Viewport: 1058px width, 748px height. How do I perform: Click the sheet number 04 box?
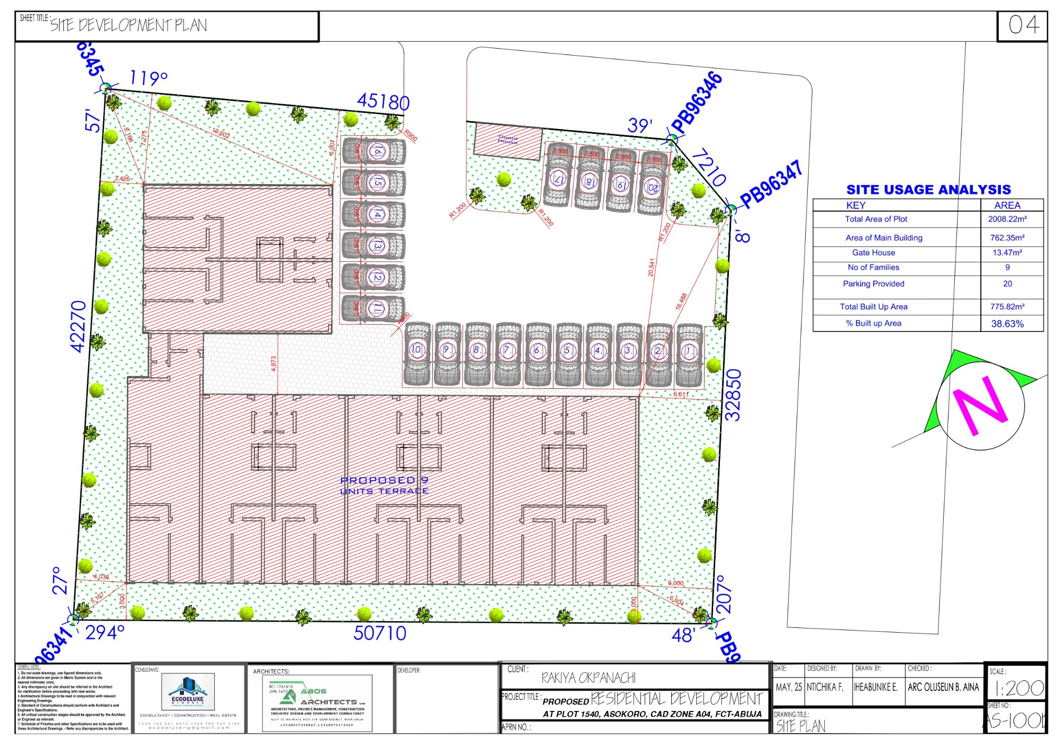click(x=1022, y=25)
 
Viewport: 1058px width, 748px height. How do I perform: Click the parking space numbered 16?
click(x=375, y=151)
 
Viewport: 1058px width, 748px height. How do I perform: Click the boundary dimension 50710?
click(x=380, y=633)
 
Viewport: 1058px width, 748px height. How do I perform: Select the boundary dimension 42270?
click(x=78, y=326)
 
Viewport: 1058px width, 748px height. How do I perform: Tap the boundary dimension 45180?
click(x=383, y=101)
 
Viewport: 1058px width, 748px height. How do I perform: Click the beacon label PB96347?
click(x=771, y=185)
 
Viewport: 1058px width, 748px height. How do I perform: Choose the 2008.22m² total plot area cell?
click(x=1007, y=219)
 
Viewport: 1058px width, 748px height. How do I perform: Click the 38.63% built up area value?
click(x=1007, y=324)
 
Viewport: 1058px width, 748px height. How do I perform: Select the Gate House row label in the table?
click(x=873, y=253)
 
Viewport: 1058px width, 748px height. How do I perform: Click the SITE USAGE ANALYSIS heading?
click(x=928, y=189)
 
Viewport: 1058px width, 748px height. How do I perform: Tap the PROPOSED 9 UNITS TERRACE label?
click(x=384, y=486)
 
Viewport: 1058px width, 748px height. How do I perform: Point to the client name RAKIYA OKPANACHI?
click(x=588, y=678)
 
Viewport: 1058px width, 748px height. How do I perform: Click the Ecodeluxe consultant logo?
click(x=188, y=692)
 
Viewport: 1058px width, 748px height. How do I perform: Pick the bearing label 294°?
click(x=105, y=633)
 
